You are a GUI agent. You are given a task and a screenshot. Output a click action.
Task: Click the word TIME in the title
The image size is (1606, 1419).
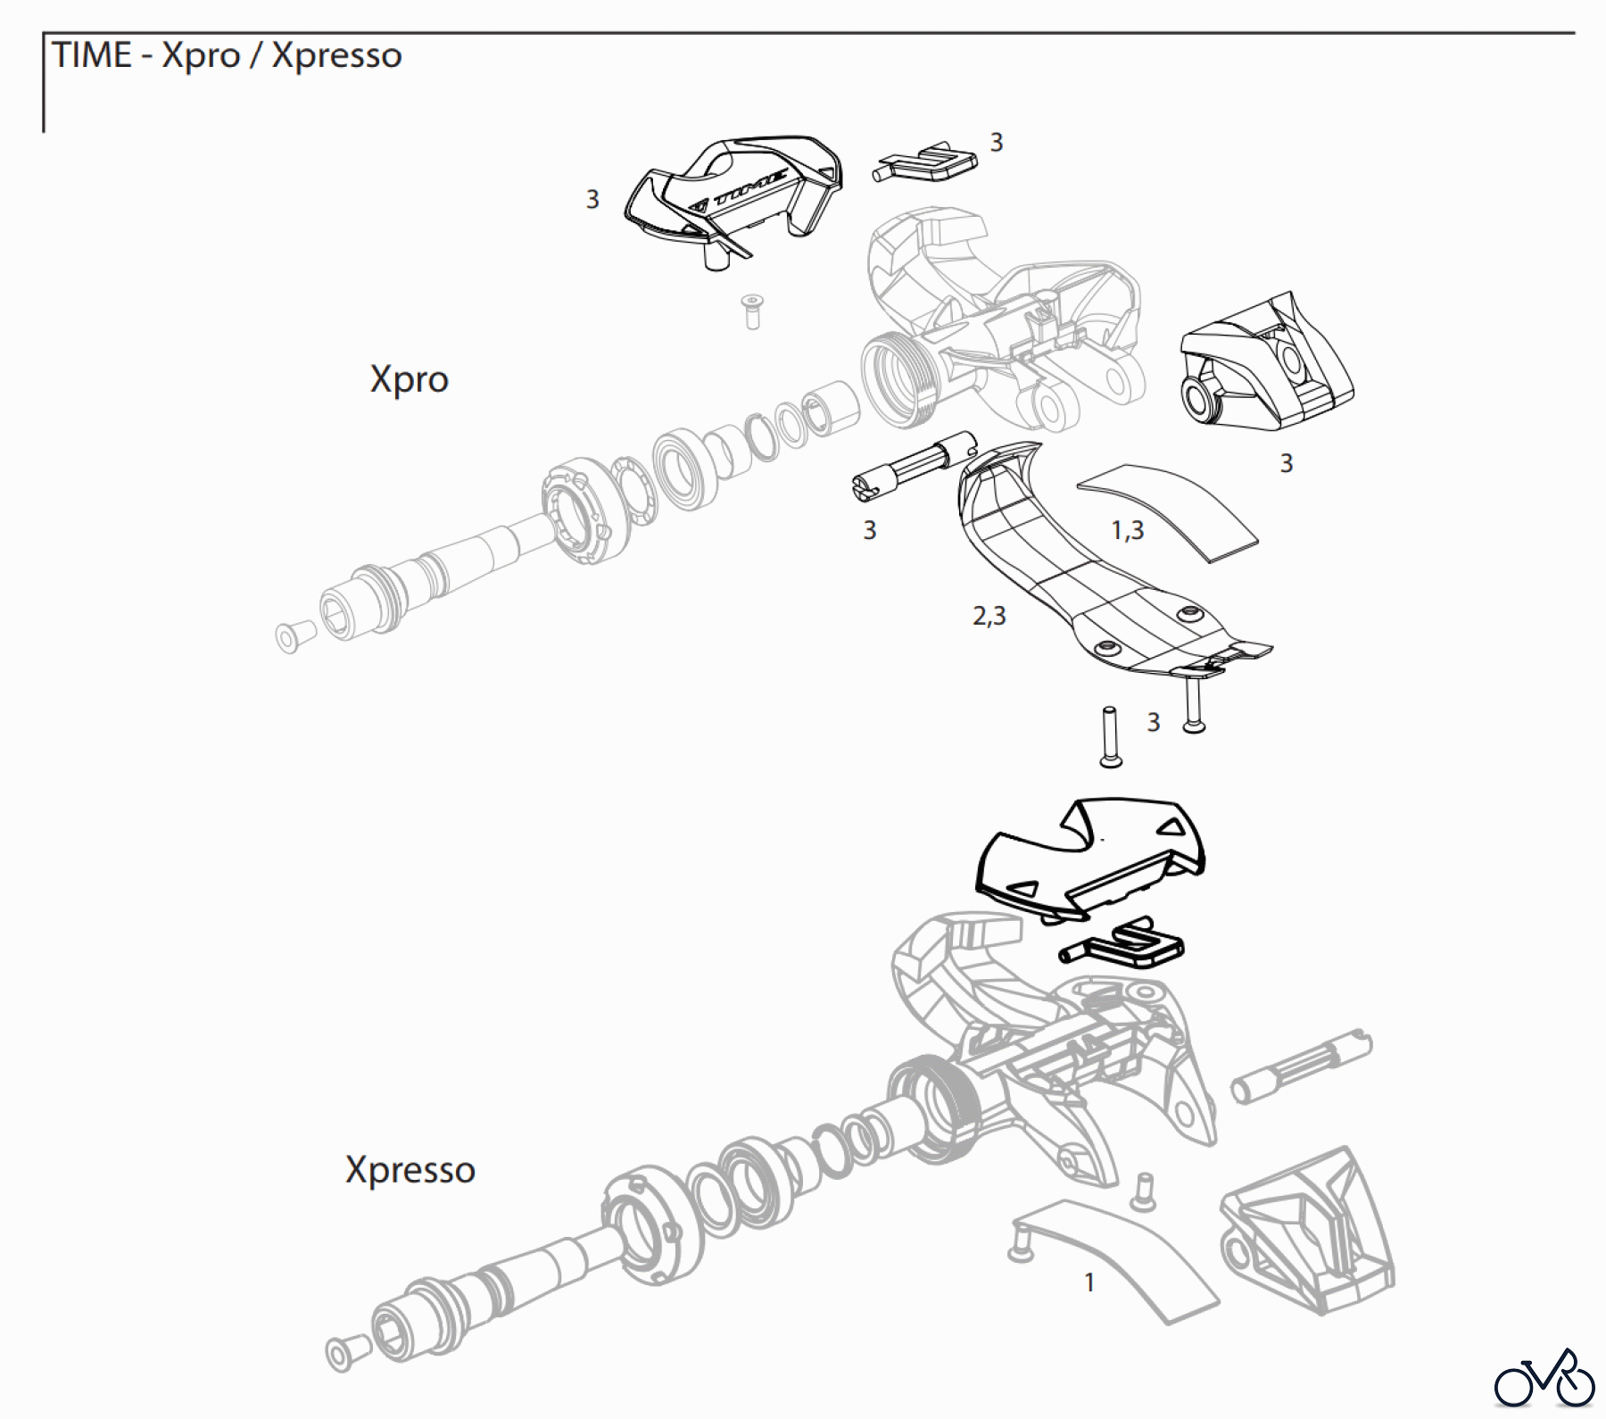92,55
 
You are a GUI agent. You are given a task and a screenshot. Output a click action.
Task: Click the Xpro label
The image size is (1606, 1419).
409,380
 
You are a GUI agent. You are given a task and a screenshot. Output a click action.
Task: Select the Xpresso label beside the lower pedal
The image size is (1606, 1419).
410,1170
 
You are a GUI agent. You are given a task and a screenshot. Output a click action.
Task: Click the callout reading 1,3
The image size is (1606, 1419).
1127,531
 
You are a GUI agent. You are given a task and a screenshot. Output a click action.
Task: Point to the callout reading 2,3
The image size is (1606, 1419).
989,616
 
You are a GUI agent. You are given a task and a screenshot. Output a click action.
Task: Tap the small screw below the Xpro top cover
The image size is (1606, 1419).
752,311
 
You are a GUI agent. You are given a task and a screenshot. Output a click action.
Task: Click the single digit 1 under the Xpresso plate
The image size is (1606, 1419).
1089,1283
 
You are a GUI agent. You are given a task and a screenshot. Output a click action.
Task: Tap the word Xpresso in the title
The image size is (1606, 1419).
336,55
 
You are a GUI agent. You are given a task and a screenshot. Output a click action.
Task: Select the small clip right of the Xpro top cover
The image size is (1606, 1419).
923,161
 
